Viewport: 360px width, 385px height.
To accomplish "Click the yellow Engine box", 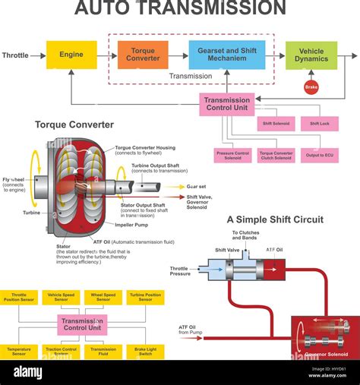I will pos(71,55).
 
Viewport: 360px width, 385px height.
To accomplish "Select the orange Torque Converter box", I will pos(143,55).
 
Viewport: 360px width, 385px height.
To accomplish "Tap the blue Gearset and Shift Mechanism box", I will pos(227,55).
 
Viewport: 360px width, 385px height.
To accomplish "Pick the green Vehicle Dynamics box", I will pos(311,55).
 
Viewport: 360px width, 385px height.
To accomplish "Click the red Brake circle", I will pos(311,87).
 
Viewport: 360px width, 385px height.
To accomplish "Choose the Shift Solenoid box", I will pos(276,124).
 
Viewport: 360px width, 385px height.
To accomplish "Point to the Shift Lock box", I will pos(319,124).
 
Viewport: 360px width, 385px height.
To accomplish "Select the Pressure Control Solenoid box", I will pos(232,155).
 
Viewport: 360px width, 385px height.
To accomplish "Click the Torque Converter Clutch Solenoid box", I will pos(276,155).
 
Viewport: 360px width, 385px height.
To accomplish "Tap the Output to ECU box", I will pos(319,155).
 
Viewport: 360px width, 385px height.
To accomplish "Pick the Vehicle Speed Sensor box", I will pos(60,298).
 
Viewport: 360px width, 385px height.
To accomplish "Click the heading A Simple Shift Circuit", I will pos(275,219).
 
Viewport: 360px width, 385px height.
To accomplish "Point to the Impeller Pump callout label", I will pos(131,225).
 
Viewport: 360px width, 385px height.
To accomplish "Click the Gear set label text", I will pos(197,186).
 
